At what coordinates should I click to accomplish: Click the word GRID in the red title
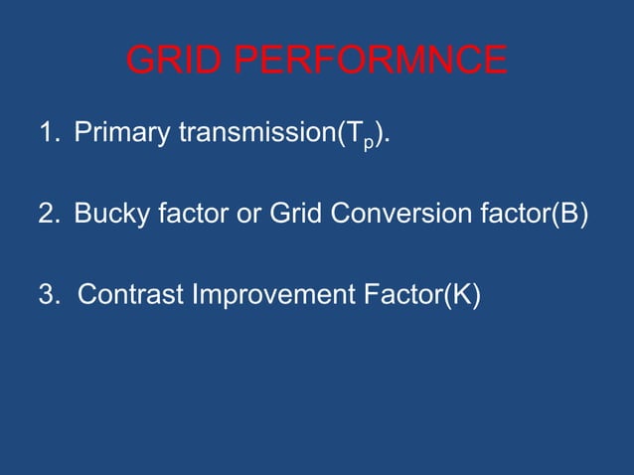point(175,62)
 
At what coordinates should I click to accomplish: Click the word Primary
point(121,133)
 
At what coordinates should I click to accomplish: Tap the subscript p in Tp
point(367,140)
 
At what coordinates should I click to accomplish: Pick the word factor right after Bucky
point(189,214)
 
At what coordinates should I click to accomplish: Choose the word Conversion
point(389,214)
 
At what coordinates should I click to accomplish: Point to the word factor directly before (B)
point(510,214)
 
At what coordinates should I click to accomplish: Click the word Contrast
point(121,295)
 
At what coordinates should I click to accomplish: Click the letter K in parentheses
point(458,295)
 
